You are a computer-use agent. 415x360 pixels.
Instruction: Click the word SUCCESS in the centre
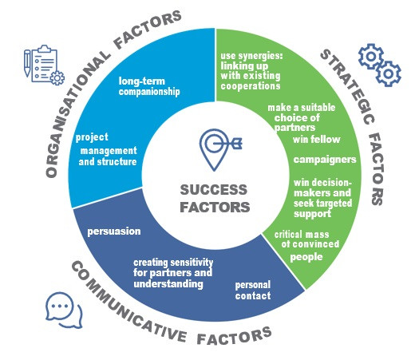[214, 190]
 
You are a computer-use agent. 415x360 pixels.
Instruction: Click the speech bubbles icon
[64, 311]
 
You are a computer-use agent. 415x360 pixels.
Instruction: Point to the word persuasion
[114, 231]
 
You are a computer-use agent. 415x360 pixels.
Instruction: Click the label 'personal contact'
[253, 291]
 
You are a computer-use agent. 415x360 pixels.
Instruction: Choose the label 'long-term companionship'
[149, 86]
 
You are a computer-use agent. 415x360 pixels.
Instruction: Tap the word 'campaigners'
[325, 160]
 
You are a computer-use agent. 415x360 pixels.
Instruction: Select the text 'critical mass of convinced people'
[306, 246]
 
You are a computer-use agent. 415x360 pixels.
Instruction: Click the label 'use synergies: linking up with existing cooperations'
[251, 71]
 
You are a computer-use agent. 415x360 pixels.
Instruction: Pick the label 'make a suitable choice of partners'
[302, 117]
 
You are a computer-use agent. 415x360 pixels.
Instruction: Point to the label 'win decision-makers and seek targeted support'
[323, 198]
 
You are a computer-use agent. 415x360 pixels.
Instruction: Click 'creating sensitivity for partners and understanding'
[173, 273]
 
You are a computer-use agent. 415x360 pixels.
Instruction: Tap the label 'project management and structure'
[106, 149]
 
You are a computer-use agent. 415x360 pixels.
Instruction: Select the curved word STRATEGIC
[349, 85]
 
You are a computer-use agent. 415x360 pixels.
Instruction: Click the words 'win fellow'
[317, 140]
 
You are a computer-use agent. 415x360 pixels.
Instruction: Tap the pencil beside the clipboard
[27, 63]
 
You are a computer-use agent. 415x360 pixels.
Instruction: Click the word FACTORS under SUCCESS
[215, 208]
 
